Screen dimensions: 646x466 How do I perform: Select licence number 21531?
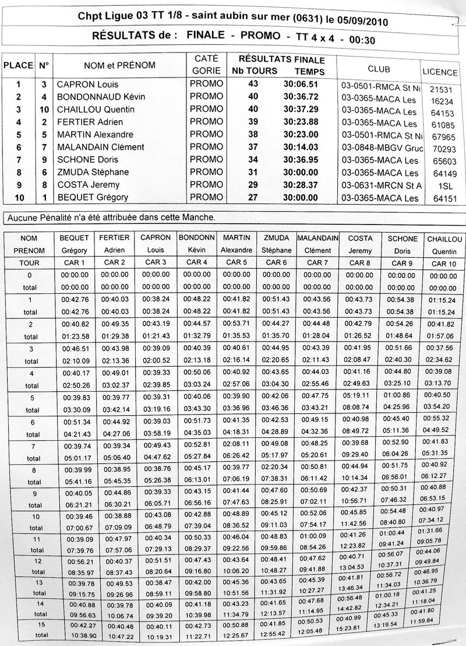(x=440, y=90)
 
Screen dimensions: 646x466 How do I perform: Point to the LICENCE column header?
(x=440, y=73)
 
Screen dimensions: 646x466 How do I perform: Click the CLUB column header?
(x=379, y=69)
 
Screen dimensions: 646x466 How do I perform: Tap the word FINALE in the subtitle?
(x=207, y=36)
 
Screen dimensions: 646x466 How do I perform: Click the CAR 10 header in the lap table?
(x=444, y=264)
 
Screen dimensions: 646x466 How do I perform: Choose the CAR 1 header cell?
(x=74, y=262)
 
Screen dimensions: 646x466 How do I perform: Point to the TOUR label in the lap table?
(x=29, y=262)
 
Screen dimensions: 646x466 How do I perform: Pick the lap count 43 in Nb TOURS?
(x=253, y=84)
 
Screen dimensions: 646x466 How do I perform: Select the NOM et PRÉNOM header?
(x=119, y=65)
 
